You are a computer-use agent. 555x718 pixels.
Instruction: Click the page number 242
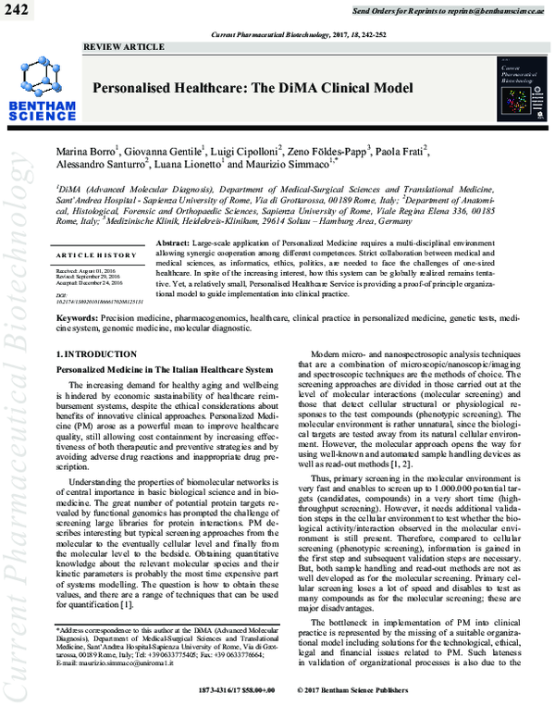[18, 10]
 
